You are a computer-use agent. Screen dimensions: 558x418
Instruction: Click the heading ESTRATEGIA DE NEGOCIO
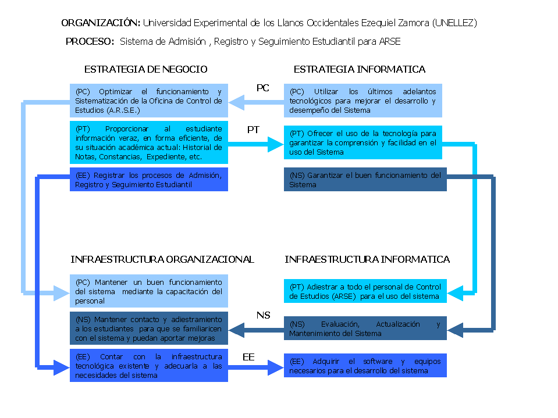[x=146, y=69]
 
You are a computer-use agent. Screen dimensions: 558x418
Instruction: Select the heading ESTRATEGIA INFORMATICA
[x=360, y=69]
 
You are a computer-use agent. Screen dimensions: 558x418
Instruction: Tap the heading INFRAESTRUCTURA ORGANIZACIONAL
[x=162, y=259]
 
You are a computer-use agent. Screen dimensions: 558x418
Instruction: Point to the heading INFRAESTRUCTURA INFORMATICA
[x=367, y=259]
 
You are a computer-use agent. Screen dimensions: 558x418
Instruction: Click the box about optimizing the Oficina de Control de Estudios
[x=149, y=101]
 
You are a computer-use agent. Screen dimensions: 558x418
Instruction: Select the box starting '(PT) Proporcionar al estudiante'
[x=149, y=142]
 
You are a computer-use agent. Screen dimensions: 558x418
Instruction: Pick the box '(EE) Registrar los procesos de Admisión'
[x=149, y=180]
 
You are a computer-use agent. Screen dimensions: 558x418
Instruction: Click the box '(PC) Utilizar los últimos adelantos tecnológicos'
[x=363, y=101]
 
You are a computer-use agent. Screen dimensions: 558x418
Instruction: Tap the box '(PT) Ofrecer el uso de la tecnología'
[x=363, y=142]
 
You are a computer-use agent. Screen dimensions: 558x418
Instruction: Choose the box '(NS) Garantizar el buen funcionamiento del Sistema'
[x=365, y=180]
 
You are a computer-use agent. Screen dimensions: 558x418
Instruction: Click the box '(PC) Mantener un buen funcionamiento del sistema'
[x=149, y=291]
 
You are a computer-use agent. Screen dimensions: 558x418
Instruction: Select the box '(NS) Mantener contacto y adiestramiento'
[x=149, y=328]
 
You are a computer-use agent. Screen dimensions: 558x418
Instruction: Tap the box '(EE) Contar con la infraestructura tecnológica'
[x=149, y=366]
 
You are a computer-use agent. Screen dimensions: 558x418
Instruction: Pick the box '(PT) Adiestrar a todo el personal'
[x=365, y=291]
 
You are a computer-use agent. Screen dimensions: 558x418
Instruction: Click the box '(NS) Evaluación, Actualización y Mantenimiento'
[x=365, y=328]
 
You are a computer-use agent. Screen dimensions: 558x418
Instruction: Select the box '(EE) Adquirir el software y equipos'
[x=365, y=366]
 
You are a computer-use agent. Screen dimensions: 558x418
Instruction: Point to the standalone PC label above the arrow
[x=262, y=88]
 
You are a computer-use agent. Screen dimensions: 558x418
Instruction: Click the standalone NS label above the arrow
[x=264, y=315]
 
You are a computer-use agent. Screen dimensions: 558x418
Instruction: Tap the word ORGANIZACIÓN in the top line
[x=101, y=23]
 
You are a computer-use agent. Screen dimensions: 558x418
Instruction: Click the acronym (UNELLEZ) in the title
[x=454, y=23]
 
